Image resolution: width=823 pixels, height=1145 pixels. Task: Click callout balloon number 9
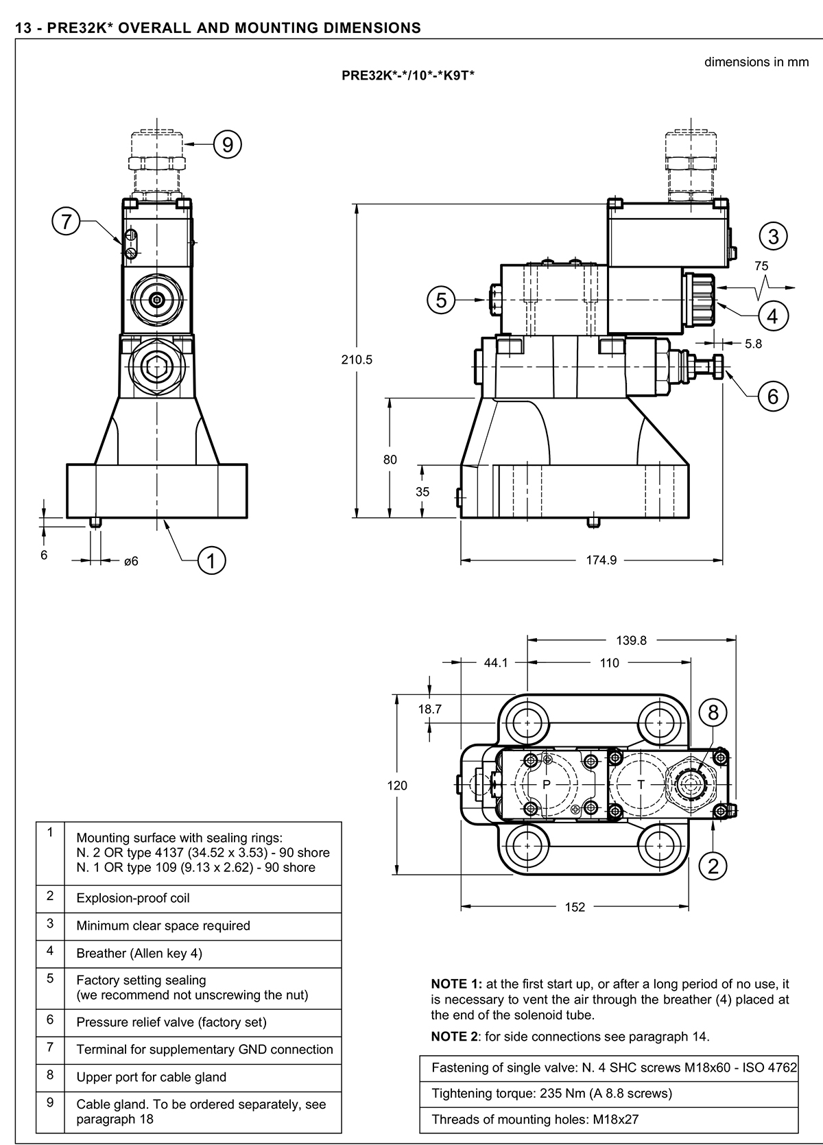click(228, 144)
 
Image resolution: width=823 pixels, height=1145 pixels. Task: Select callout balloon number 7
click(66, 222)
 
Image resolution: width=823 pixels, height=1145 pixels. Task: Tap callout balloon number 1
click(211, 560)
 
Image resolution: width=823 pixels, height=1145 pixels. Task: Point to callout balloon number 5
click(441, 300)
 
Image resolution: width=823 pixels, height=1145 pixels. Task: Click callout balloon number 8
click(713, 713)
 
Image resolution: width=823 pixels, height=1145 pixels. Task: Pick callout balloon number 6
click(773, 396)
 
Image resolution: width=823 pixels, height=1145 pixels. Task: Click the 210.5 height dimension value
click(357, 359)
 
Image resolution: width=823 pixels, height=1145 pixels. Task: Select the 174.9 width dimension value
click(601, 560)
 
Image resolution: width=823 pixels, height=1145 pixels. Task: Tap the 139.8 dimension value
click(631, 641)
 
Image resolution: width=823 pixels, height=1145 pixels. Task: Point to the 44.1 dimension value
click(495, 663)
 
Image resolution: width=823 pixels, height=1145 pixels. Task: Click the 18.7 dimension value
click(430, 709)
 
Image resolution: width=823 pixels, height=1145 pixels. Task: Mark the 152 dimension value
click(575, 907)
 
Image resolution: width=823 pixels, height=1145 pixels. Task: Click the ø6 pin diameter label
click(130, 561)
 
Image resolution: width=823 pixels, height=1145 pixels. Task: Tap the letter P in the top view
click(547, 784)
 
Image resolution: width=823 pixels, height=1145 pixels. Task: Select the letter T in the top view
click(641, 784)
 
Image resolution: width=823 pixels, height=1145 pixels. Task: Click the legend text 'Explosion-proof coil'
click(133, 898)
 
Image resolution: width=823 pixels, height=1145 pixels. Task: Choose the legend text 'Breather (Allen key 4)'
click(139, 953)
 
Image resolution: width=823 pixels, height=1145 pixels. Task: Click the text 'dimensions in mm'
click(756, 62)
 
